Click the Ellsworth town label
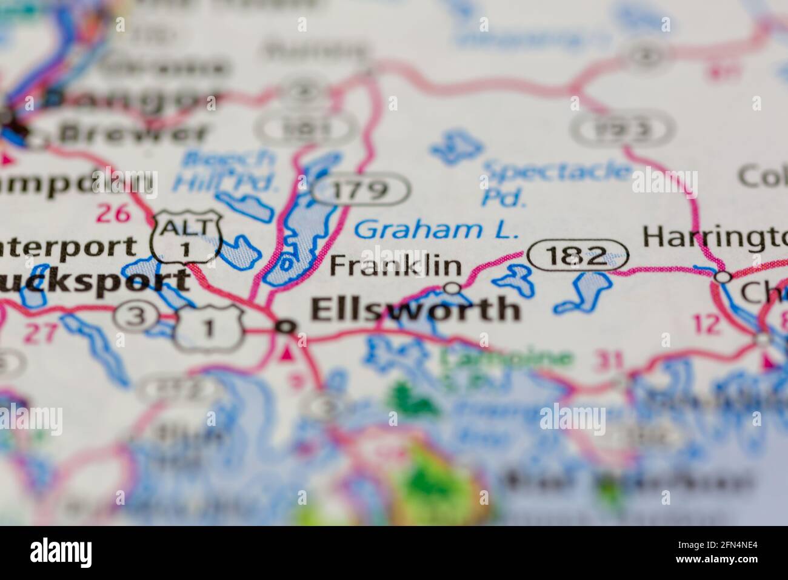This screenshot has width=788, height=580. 415,309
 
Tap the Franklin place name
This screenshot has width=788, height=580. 395,266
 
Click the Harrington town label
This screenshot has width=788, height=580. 715,236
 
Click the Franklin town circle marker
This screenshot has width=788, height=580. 452,288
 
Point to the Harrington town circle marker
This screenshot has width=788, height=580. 723,277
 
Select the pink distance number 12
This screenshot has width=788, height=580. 707,324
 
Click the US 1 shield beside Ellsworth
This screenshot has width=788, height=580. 209,328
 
